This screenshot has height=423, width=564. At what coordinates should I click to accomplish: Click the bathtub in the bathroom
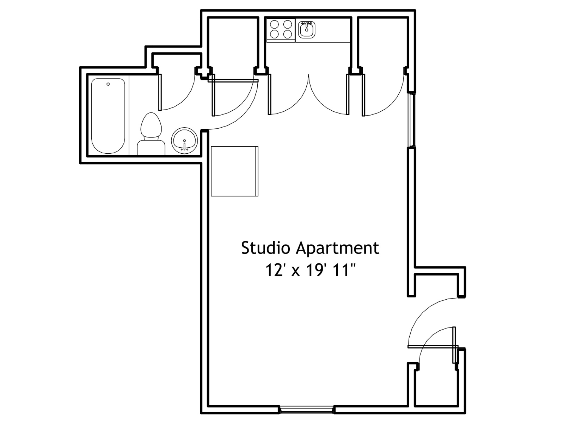tap(108, 116)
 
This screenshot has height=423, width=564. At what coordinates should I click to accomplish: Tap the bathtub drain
tap(108, 84)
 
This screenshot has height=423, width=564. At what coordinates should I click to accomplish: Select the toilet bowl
tap(151, 125)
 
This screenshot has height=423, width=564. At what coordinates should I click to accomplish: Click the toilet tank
tap(151, 147)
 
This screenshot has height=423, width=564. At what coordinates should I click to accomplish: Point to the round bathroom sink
tap(184, 141)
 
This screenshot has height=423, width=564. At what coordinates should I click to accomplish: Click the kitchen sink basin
tap(307, 30)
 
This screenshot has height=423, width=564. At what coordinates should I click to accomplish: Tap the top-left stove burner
tap(274, 25)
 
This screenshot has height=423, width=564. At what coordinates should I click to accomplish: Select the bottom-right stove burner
tap(288, 34)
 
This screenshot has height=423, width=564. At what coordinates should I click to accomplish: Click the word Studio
tap(266, 248)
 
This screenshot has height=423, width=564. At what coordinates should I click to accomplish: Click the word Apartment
tap(337, 249)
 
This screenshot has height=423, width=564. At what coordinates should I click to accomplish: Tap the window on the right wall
tap(411, 120)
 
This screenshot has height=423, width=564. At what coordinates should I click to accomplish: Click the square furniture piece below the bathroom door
tap(235, 171)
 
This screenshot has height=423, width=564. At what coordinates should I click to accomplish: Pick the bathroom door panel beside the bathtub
tap(160, 92)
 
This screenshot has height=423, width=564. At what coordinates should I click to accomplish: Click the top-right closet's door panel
tap(363, 95)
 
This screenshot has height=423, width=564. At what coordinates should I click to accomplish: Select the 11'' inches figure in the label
tap(345, 270)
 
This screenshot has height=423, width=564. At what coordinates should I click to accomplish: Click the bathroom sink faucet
tap(184, 146)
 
